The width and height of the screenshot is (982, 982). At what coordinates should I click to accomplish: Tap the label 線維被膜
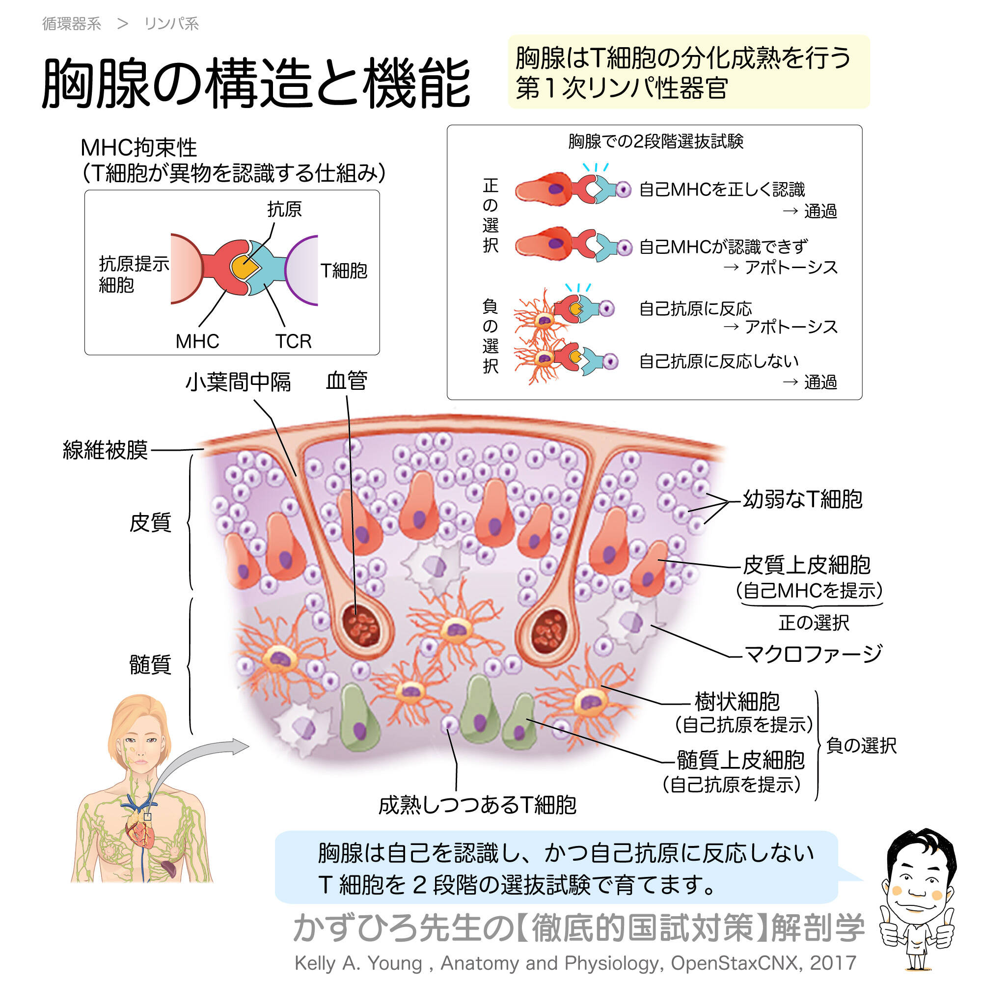105,450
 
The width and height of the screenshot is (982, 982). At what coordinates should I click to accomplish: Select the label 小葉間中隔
238,382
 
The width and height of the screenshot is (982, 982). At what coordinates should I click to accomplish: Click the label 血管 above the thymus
346,381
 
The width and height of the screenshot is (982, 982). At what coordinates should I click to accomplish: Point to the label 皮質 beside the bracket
150,522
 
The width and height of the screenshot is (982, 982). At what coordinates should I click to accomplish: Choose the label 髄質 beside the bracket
150,664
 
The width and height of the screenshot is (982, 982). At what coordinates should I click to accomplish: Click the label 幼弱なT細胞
803,500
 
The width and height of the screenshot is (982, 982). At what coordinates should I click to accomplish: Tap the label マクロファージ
813,654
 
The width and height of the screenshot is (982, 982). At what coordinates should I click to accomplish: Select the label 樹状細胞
736,702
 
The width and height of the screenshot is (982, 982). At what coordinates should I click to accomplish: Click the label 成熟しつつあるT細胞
477,805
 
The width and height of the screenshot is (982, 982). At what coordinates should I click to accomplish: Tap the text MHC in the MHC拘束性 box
197,341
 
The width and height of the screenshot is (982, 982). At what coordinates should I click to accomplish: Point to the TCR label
293,341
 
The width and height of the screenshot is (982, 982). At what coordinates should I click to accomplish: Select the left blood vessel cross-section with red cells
362,626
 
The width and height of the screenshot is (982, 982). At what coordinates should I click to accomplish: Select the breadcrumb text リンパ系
171,24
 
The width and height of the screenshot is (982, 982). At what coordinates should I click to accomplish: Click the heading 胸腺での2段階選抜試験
655,141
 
